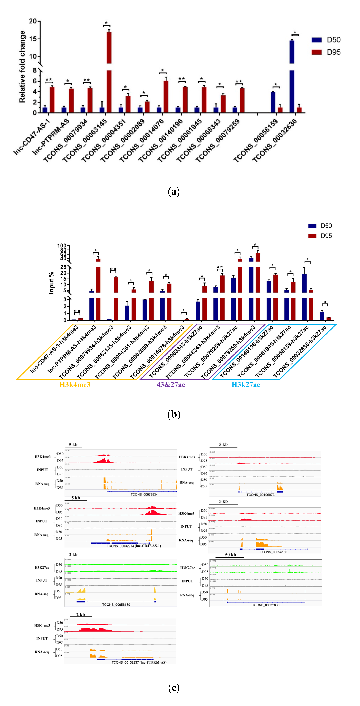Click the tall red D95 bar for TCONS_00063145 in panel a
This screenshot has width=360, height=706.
click(109, 71)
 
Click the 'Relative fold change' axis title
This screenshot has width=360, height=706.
click(22, 67)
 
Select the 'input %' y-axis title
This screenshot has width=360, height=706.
click(51, 283)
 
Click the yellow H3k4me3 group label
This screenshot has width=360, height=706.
click(75, 385)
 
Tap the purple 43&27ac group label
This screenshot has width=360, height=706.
click(171, 385)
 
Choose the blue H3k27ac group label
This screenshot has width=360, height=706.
click(246, 385)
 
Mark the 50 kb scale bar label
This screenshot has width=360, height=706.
click(230, 555)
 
